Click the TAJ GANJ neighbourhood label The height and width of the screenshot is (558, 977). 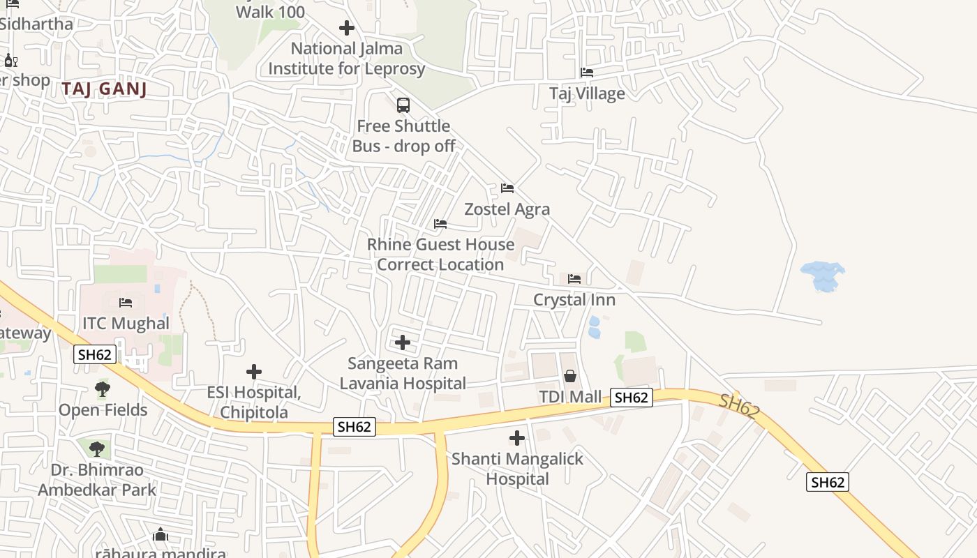click(105, 89)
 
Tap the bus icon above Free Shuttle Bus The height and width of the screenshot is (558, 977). click(403, 105)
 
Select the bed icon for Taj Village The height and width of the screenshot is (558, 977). click(587, 72)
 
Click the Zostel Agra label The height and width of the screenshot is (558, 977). click(507, 209)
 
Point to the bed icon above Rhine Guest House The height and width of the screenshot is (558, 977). click(440, 224)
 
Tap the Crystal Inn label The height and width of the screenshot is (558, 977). click(574, 300)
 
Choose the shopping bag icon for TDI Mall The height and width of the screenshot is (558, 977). click(570, 377)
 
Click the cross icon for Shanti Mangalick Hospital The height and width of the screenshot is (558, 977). click(517, 438)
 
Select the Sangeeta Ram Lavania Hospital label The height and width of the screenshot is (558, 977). click(403, 373)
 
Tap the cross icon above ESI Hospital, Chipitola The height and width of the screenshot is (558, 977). click(254, 372)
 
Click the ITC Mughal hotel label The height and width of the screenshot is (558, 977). click(126, 324)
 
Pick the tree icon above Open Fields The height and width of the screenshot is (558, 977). click(103, 389)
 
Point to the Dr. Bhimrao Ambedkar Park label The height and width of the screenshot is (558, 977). click(97, 480)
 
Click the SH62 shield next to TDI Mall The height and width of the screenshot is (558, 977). click(632, 398)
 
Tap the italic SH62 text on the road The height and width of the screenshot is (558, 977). click(738, 406)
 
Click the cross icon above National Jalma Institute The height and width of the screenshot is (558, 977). click(347, 28)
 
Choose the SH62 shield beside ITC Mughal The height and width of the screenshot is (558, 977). click(95, 354)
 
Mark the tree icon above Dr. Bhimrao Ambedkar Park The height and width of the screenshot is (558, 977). click(97, 449)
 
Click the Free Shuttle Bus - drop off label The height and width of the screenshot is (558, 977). click(403, 136)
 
